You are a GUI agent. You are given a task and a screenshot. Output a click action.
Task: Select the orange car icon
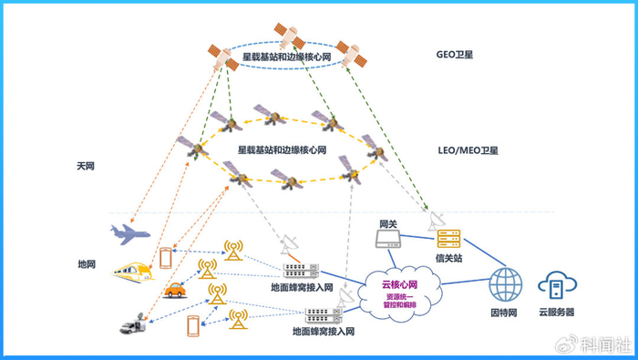click(x=175, y=292)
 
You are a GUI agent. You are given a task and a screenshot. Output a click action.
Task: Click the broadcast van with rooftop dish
click(x=132, y=324)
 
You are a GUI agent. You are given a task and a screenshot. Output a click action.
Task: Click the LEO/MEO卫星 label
click(x=468, y=149)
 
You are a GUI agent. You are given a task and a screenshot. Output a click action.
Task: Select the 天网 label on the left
click(x=87, y=167)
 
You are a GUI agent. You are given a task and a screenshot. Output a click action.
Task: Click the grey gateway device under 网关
click(x=389, y=240)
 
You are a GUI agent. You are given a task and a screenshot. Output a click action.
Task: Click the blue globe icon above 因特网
click(x=504, y=284)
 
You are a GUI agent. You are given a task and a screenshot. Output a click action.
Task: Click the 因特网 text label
click(x=504, y=313)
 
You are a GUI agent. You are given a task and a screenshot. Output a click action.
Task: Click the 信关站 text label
click(x=448, y=258)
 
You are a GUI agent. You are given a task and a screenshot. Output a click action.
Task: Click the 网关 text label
click(x=387, y=222)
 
